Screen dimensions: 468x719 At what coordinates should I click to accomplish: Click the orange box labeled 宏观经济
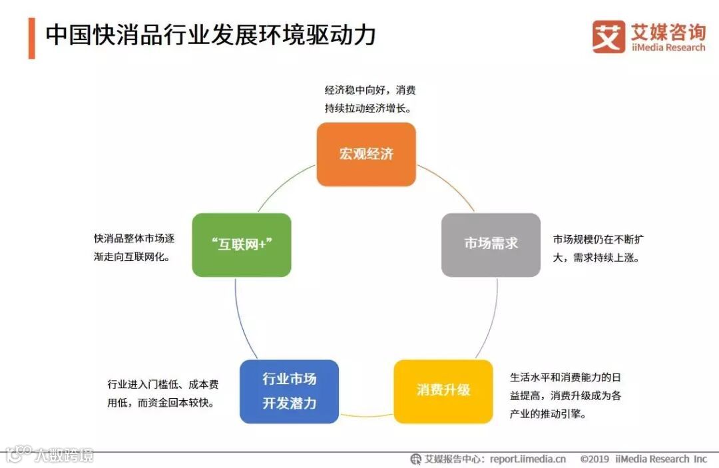tap(366, 154)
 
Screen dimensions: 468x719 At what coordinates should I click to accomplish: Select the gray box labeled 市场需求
tap(491, 244)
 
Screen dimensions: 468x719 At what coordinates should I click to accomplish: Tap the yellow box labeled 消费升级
tap(443, 391)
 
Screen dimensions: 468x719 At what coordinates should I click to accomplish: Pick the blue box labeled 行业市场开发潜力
tap(289, 391)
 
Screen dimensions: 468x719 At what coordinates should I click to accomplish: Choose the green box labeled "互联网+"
tap(242, 244)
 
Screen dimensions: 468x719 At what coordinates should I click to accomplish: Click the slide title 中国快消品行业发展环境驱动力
tap(210, 35)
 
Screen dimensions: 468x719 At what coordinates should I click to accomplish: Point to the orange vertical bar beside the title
tap(31, 38)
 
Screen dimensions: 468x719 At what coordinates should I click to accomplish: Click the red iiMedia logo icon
tap(608, 37)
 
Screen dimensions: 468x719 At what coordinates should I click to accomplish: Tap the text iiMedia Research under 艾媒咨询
tap(668, 48)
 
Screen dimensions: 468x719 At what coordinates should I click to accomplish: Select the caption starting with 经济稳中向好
tap(370, 99)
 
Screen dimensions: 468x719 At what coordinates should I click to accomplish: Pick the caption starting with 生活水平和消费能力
tap(565, 395)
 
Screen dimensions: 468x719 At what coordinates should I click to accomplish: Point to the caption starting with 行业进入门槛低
tap(163, 393)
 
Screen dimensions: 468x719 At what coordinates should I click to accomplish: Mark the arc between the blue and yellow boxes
tap(366, 416)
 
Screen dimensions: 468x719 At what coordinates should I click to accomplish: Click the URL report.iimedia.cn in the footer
tap(527, 459)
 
